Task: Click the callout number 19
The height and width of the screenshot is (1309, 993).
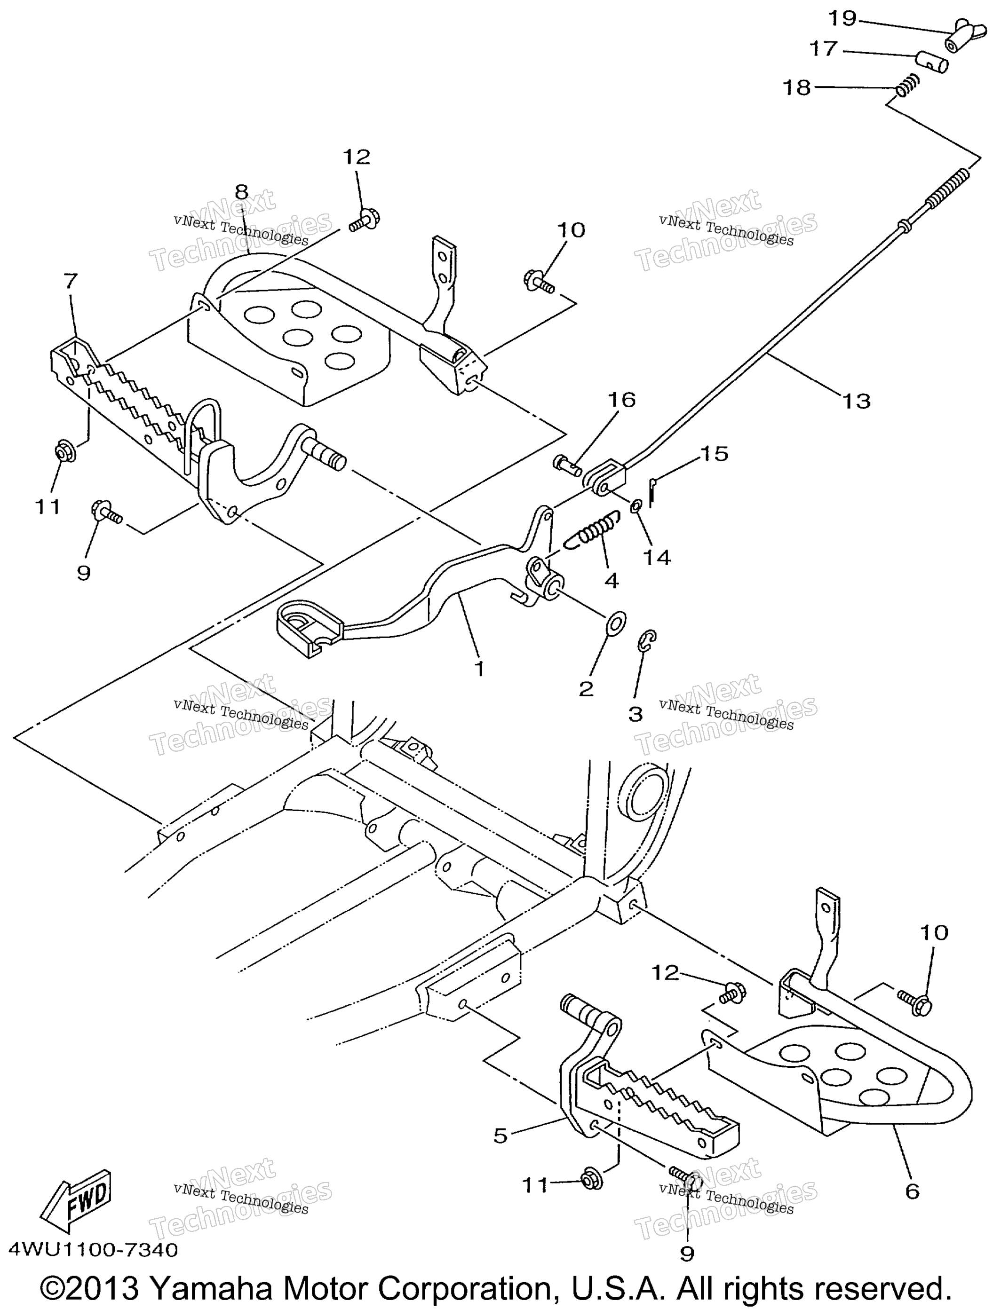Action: click(842, 19)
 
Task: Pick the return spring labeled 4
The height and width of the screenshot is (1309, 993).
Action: click(593, 528)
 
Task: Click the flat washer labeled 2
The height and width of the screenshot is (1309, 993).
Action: click(616, 623)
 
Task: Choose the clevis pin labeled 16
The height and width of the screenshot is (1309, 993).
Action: click(567, 463)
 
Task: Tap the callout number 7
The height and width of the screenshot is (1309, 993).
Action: click(71, 281)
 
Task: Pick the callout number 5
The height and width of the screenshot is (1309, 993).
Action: click(500, 1135)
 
